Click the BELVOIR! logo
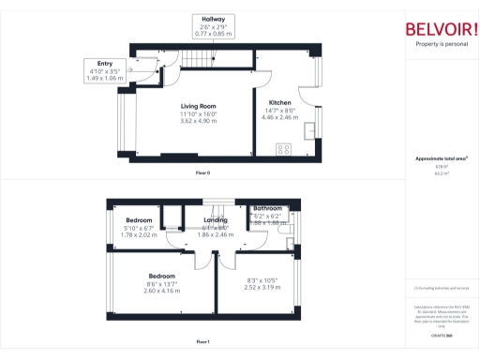point(441,28)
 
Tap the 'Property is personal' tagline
point(441,44)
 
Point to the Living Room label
point(199,107)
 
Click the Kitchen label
point(280,103)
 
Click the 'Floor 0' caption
point(203,173)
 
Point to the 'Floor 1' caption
point(203,342)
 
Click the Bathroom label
point(267,208)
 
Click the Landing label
point(217,220)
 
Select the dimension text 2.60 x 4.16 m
point(164,292)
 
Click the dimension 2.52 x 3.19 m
point(262,288)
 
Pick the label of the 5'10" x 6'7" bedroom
point(139,220)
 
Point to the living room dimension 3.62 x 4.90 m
point(199,121)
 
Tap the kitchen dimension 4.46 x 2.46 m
point(281,118)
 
